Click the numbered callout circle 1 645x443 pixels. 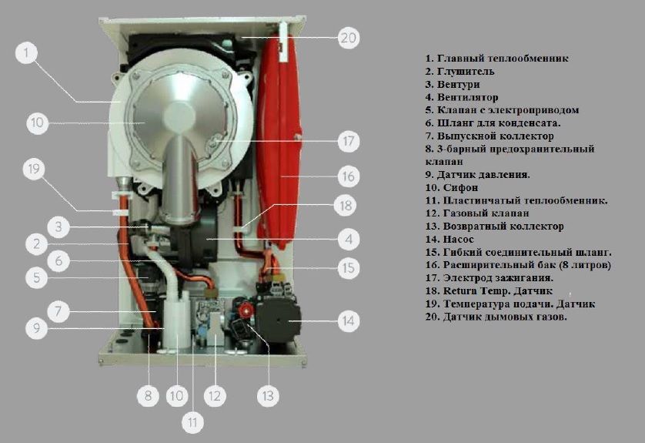27,53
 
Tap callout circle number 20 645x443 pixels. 349,38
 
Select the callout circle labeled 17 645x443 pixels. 349,141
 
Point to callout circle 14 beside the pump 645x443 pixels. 348,321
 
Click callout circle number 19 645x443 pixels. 34,169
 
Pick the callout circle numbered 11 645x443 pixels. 192,422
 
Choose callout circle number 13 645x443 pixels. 268,396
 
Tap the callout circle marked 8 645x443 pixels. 148,396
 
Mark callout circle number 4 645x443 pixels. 349,239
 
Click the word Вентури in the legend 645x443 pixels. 458,85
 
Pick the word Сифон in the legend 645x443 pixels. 460,188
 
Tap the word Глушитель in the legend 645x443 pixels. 465,72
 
